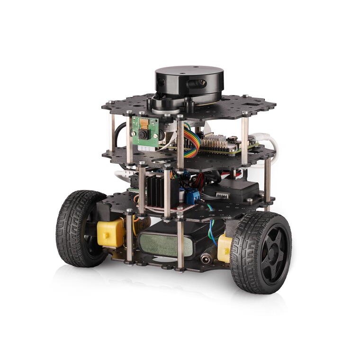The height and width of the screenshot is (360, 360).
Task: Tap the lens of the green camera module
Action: pyautogui.click(x=143, y=134)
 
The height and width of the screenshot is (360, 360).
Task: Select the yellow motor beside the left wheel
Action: pyautogui.click(x=110, y=232)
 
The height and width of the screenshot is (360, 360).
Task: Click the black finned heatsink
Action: pyautogui.click(x=156, y=189)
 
